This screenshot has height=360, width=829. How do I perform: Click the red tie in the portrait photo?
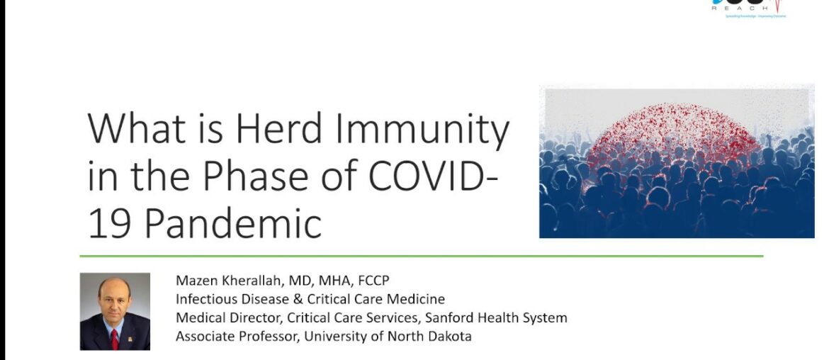pyautogui.click(x=115, y=339)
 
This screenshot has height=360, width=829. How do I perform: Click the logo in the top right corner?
pyautogui.click(x=750, y=7)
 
